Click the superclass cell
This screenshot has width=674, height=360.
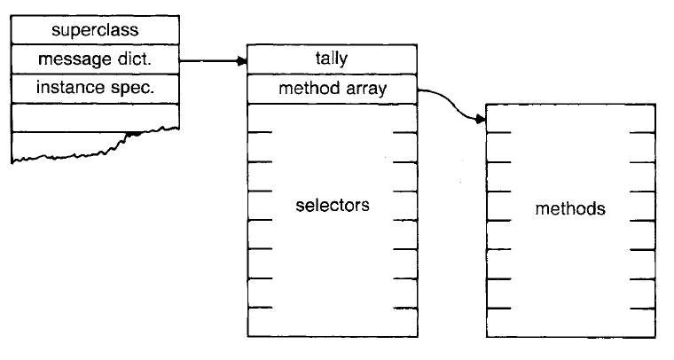[96, 31]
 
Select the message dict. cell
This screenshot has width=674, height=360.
[96, 60]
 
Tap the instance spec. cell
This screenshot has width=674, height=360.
[96, 89]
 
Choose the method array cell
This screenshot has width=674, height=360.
[332, 89]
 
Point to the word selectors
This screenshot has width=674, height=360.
[332, 206]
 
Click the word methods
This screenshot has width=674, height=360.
[571, 210]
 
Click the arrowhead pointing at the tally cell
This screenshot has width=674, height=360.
[242, 61]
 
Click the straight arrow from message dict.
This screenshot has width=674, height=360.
[211, 61]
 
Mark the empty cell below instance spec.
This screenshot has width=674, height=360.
[96, 116]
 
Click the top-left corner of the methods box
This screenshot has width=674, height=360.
[488, 104]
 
